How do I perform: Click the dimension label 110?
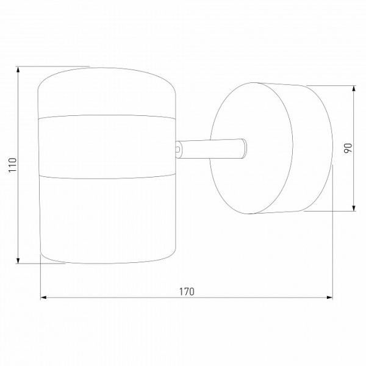click(13, 165)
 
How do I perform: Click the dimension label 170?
click(187, 292)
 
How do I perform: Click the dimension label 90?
click(348, 148)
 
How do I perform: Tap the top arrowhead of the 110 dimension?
click(18, 70)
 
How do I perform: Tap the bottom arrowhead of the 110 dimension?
click(18, 260)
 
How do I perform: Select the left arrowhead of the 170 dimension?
click(44, 298)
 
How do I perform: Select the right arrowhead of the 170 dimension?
click(329, 298)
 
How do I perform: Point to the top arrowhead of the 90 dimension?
click(354, 89)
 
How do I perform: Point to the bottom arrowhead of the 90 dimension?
click(354, 208)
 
